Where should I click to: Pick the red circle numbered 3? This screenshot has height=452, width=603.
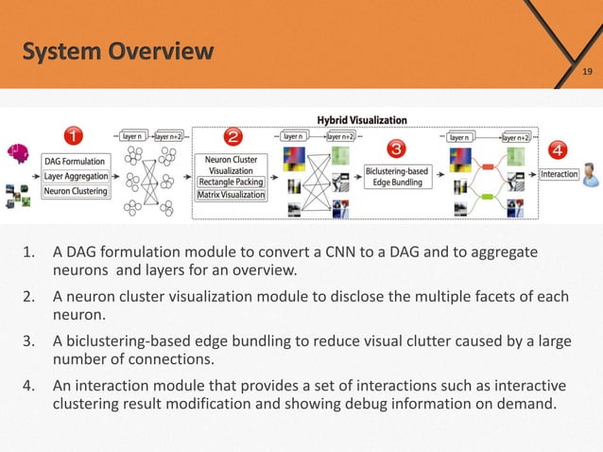coord(396,148)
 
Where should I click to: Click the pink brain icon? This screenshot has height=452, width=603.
coord(13,150)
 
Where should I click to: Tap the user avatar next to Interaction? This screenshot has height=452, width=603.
coord(591,174)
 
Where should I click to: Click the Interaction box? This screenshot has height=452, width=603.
coord(560,174)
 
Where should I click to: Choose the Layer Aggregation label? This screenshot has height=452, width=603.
coord(75,176)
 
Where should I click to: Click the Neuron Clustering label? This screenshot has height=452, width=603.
coord(76,191)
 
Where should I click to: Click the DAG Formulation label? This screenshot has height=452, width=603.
coord(75,162)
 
